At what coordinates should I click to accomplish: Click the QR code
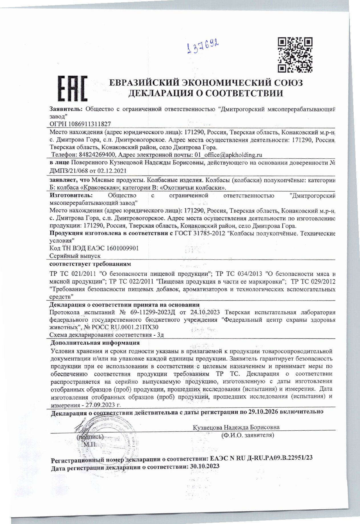[295, 55]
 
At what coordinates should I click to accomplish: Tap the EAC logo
[73, 88]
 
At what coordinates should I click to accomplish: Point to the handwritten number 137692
[203, 47]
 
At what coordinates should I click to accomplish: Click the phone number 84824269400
[96, 155]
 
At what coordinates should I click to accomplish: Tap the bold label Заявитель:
[66, 109]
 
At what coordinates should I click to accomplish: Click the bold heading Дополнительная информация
[95, 343]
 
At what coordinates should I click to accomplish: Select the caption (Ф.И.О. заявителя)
[248, 436]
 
